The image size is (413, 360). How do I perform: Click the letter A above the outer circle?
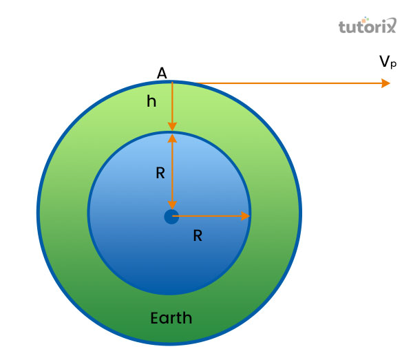pyautogui.click(x=162, y=73)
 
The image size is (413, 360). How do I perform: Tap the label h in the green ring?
pyautogui.click(x=151, y=101)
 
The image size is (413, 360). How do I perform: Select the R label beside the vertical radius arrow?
pyautogui.click(x=160, y=173)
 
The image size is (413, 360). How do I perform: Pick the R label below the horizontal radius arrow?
pyautogui.click(x=198, y=235)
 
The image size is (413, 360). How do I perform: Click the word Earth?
pyautogui.click(x=171, y=318)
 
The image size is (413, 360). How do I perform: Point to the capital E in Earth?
pyautogui.click(x=154, y=318)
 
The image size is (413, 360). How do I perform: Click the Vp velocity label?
pyautogui.click(x=388, y=62)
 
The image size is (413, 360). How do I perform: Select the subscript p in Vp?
pyautogui.click(x=393, y=65)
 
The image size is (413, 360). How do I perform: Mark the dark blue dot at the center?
pyautogui.click(x=171, y=217)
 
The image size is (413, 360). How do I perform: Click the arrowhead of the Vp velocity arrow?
pyautogui.click(x=385, y=83)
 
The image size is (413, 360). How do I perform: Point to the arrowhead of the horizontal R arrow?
pyautogui.click(x=245, y=216)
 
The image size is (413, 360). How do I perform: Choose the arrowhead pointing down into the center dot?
pyautogui.click(x=172, y=204)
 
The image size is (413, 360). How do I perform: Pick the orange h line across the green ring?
pyautogui.click(x=172, y=103)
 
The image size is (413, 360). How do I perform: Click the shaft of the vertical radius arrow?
pyautogui.click(x=172, y=172)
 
